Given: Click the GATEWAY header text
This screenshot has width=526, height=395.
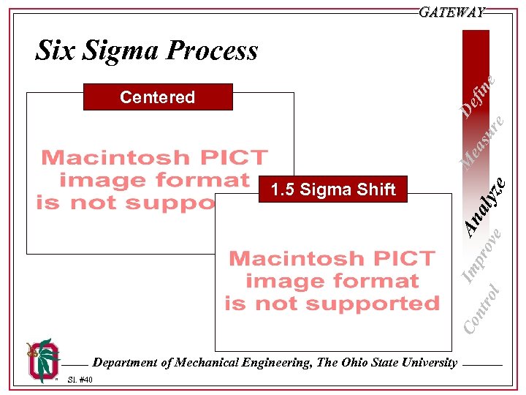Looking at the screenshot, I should (452, 12).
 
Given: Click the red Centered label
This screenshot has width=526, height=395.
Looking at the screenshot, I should (157, 97).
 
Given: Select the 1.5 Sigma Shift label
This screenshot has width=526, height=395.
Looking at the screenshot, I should (332, 190).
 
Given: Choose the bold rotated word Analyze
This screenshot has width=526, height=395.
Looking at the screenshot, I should (486, 207).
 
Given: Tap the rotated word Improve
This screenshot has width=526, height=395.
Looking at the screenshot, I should (483, 255).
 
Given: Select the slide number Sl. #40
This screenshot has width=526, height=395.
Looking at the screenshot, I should (80, 380).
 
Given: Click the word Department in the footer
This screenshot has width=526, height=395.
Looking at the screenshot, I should (126, 362).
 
